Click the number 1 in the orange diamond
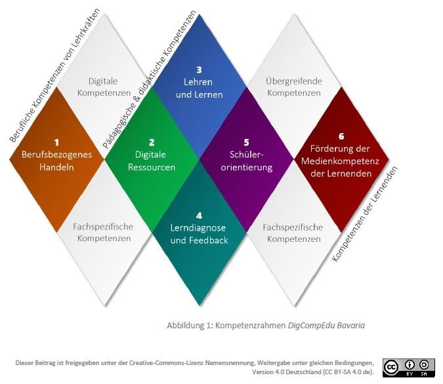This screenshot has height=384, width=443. pos(57,142)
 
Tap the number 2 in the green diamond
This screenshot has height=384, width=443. pos(152,142)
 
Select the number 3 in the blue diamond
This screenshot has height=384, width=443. pos(198,69)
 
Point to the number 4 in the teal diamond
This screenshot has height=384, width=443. pos(199,215)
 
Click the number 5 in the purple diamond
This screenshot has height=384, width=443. pos(246,142)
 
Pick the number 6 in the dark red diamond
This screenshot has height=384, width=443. pos(341,136)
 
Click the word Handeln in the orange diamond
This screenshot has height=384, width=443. pos(57,167)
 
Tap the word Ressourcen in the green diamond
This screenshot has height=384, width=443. pos(152,167)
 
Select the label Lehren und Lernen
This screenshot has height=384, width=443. pos(198,88)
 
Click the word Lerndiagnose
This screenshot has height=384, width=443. pos(199,227)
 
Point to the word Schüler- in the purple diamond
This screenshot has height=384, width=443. pos(247,155)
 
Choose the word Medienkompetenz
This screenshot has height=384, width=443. pos(341,161)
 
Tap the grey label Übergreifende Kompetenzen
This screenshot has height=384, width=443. pos(293,87)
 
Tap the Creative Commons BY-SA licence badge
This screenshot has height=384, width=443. pos(409,367)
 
